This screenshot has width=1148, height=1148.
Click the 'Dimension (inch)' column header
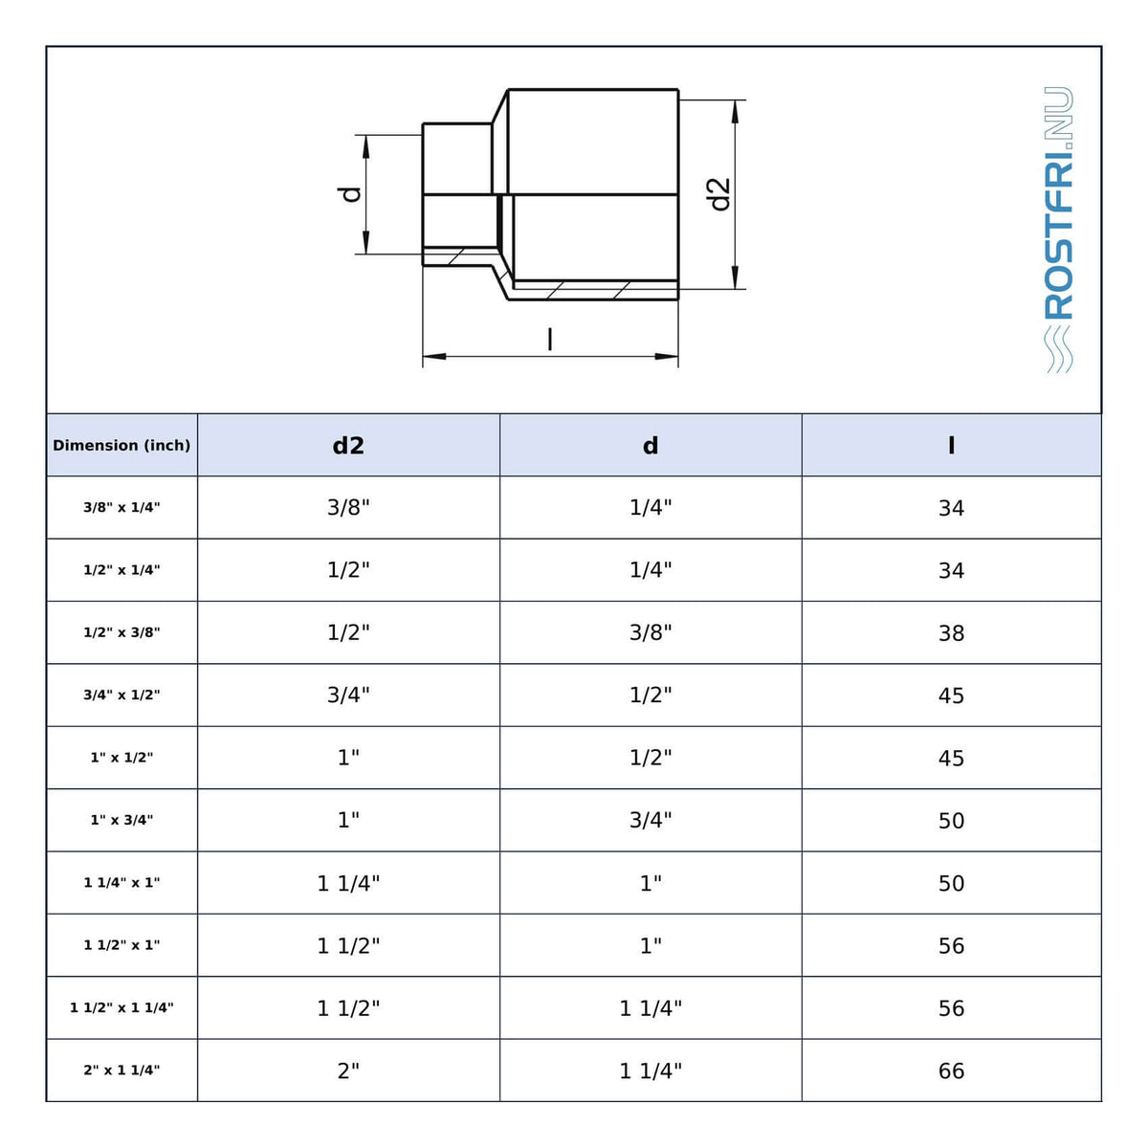tap(121, 445)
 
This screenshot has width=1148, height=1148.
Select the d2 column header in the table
tap(348, 445)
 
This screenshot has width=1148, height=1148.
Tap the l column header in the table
tap(951, 445)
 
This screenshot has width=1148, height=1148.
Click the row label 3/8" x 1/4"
tap(121, 507)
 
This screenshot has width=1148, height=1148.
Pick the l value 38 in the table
tap(951, 632)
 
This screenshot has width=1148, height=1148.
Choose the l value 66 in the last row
tap(951, 1071)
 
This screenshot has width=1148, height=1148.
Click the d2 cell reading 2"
tap(348, 1071)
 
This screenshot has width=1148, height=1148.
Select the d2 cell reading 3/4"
tap(348, 695)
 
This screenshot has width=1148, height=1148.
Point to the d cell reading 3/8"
tap(651, 632)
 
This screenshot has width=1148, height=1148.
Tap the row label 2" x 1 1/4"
tap(121, 1070)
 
